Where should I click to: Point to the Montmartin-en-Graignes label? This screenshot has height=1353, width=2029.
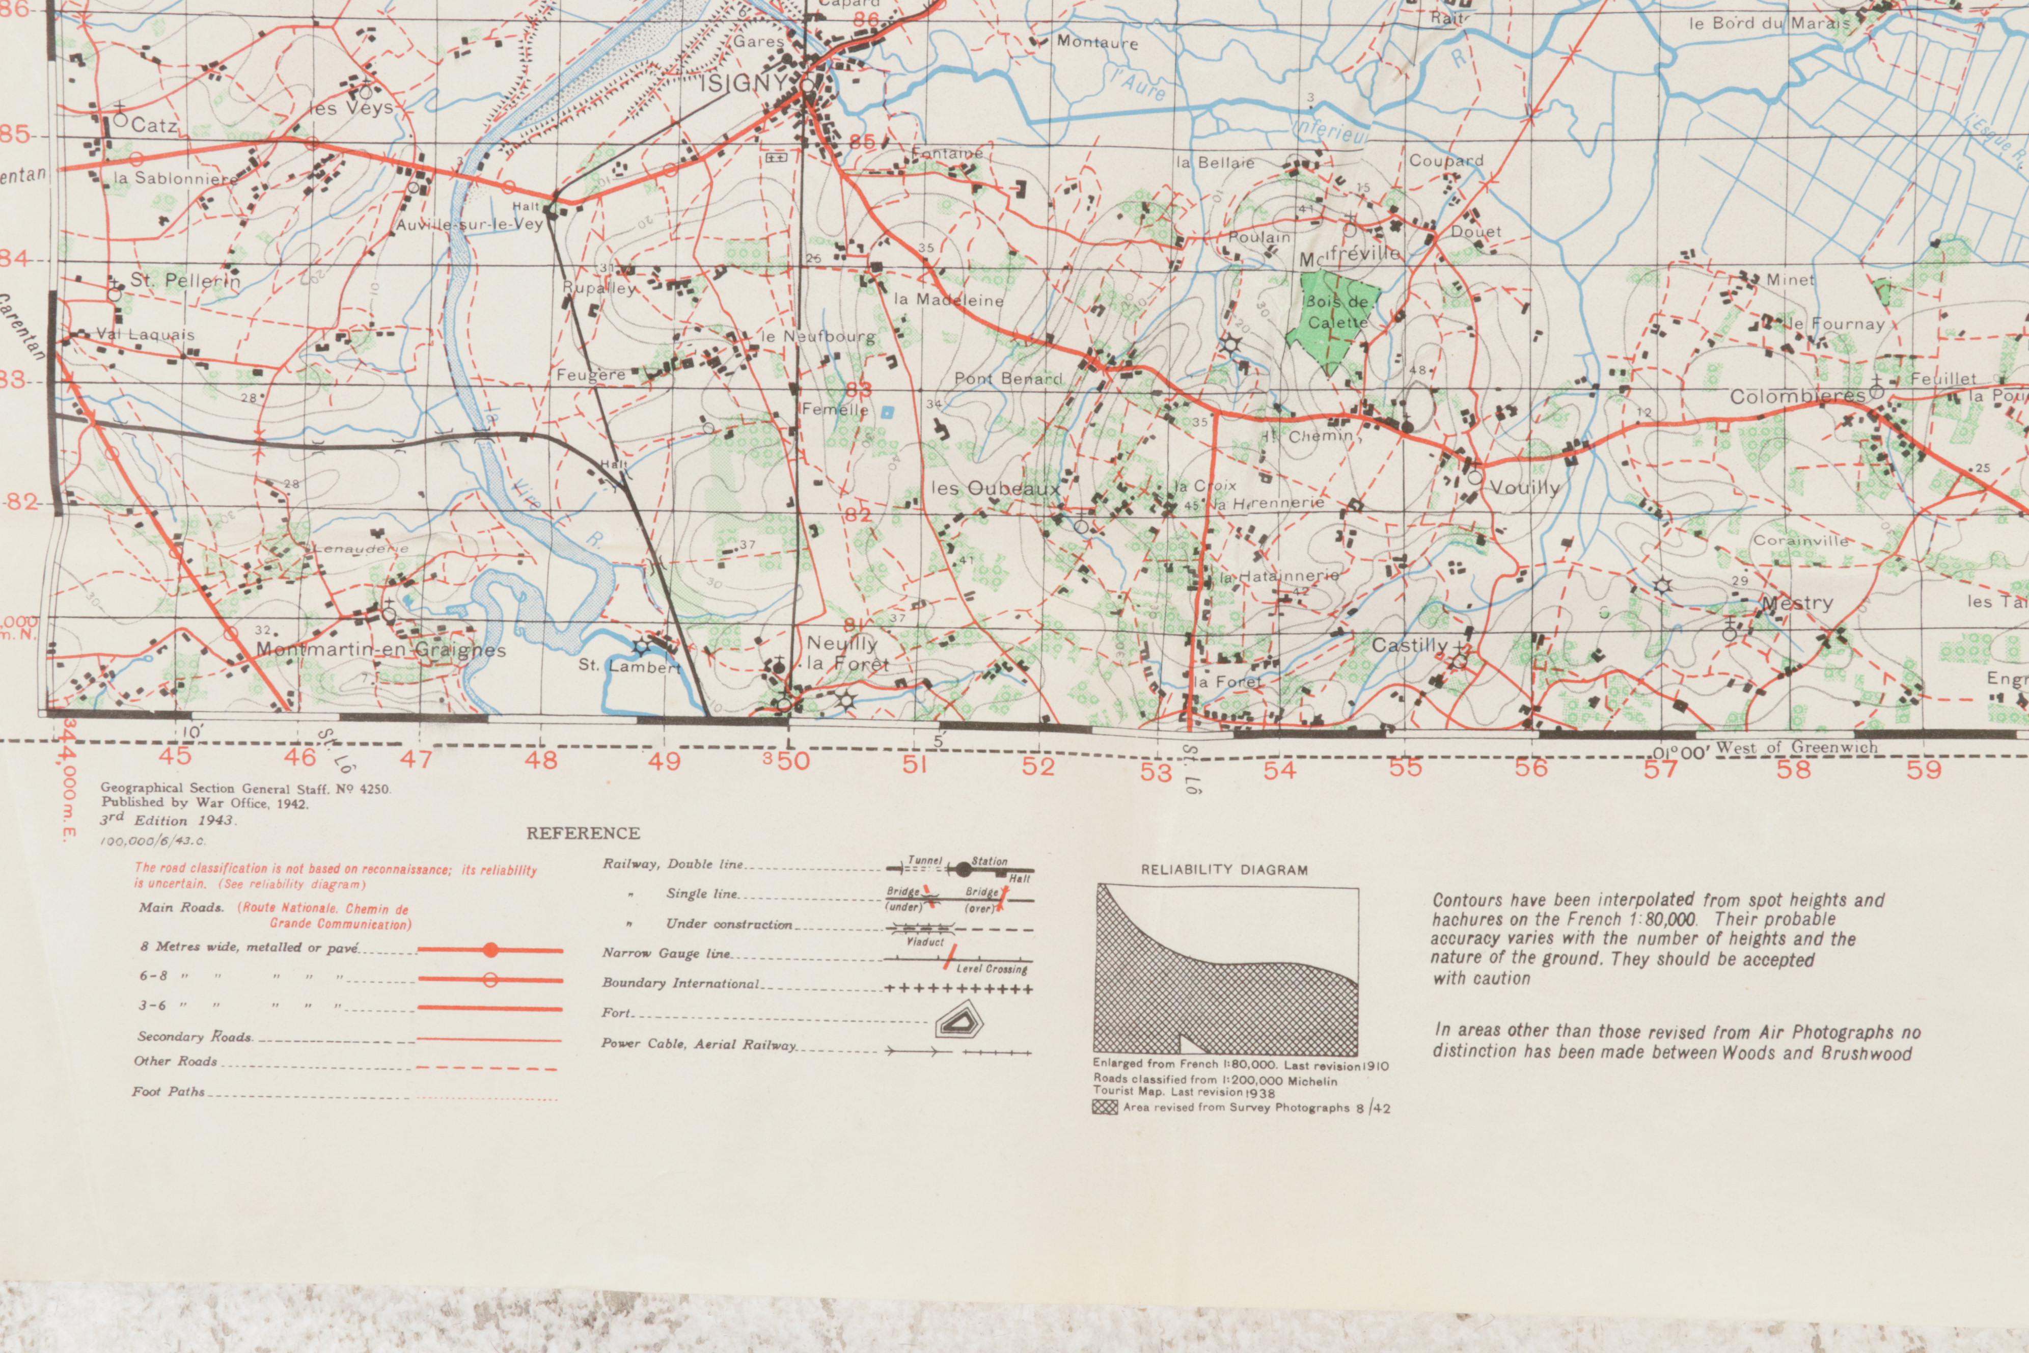pyautogui.click(x=380, y=650)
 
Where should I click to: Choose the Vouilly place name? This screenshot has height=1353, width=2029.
pyautogui.click(x=1524, y=488)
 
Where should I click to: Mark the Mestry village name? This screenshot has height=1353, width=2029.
pyautogui.click(x=1796, y=603)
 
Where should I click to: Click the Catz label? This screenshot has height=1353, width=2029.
pyautogui.click(x=154, y=125)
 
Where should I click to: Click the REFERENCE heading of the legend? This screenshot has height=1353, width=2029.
pyautogui.click(x=583, y=833)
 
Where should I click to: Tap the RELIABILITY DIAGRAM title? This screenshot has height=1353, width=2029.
pyautogui.click(x=1224, y=870)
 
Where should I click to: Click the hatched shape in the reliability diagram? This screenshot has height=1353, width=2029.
pyautogui.click(x=1208, y=992)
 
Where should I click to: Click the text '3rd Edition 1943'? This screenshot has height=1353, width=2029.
pyautogui.click(x=168, y=820)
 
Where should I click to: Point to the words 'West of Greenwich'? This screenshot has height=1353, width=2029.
pyautogui.click(x=1796, y=747)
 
